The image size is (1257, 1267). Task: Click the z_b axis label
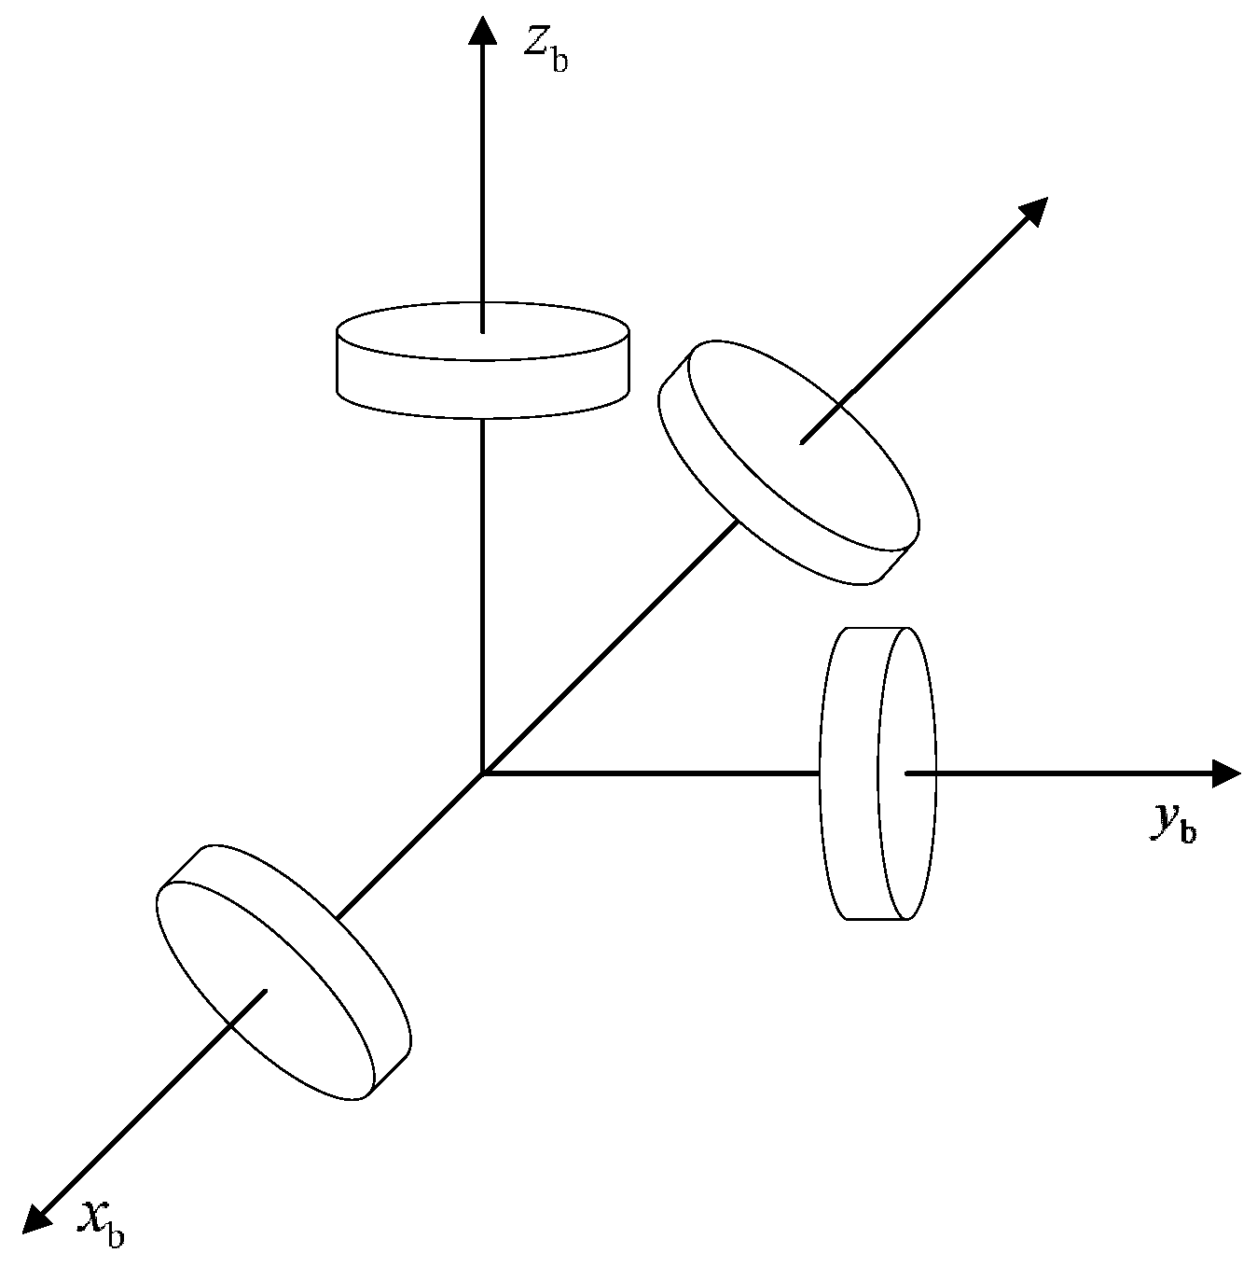pyautogui.click(x=546, y=49)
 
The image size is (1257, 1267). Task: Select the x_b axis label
pyautogui.click(x=102, y=1222)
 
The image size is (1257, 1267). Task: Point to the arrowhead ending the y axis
pyautogui.click(x=1226, y=773)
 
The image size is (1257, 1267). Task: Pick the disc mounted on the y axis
pyautogui.click(x=877, y=773)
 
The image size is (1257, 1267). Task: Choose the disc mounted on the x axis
pyautogui.click(x=283, y=971)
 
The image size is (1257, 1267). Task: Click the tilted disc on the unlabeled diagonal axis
pyautogui.click(x=789, y=463)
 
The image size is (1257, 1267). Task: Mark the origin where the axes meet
pyautogui.click(x=482, y=773)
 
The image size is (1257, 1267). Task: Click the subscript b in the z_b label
pyautogui.click(x=559, y=63)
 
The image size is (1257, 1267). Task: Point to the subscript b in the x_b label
pyautogui.click(x=115, y=1235)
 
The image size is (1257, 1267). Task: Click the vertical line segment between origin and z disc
pyautogui.click(x=482, y=597)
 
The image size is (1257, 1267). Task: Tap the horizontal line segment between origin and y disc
pyautogui.click(x=653, y=773)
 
